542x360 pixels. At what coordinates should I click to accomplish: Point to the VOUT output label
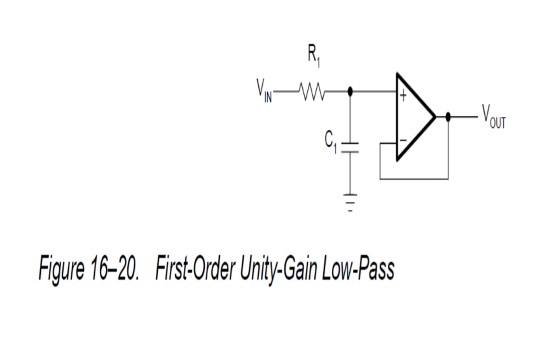click(x=493, y=117)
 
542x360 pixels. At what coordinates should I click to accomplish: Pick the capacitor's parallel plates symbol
click(x=351, y=148)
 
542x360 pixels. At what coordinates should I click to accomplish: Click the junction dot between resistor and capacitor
click(x=351, y=91)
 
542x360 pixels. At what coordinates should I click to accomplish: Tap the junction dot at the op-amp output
click(x=448, y=117)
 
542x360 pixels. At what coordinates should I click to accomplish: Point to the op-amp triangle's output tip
click(x=434, y=117)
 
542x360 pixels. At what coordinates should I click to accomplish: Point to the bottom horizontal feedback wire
click(x=413, y=179)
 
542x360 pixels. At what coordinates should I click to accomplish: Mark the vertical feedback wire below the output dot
click(x=448, y=149)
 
